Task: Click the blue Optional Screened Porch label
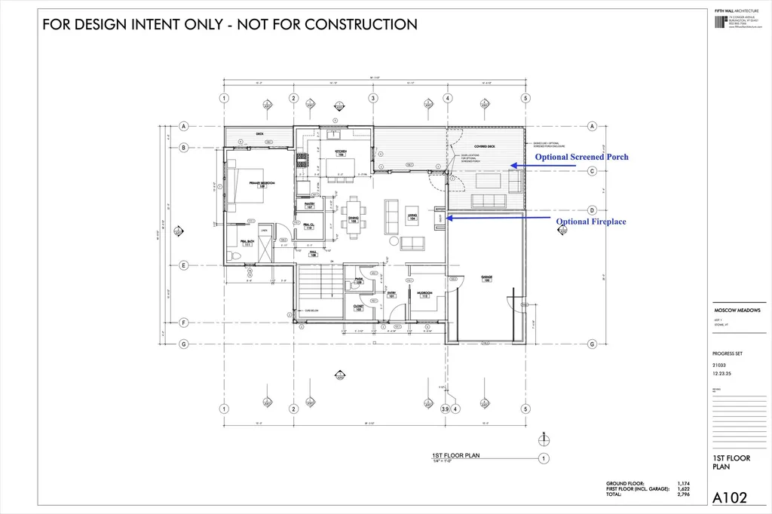coord(581,157)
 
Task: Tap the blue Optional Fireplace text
coord(591,222)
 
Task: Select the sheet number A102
coord(730,497)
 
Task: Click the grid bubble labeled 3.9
coord(445,409)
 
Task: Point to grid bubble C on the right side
coord(593,170)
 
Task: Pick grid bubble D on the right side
coord(593,210)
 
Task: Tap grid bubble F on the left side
coord(183,323)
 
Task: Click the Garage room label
coord(486,278)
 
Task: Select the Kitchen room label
coord(340,153)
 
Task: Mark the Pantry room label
coord(309,204)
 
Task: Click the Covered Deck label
coord(484,145)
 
